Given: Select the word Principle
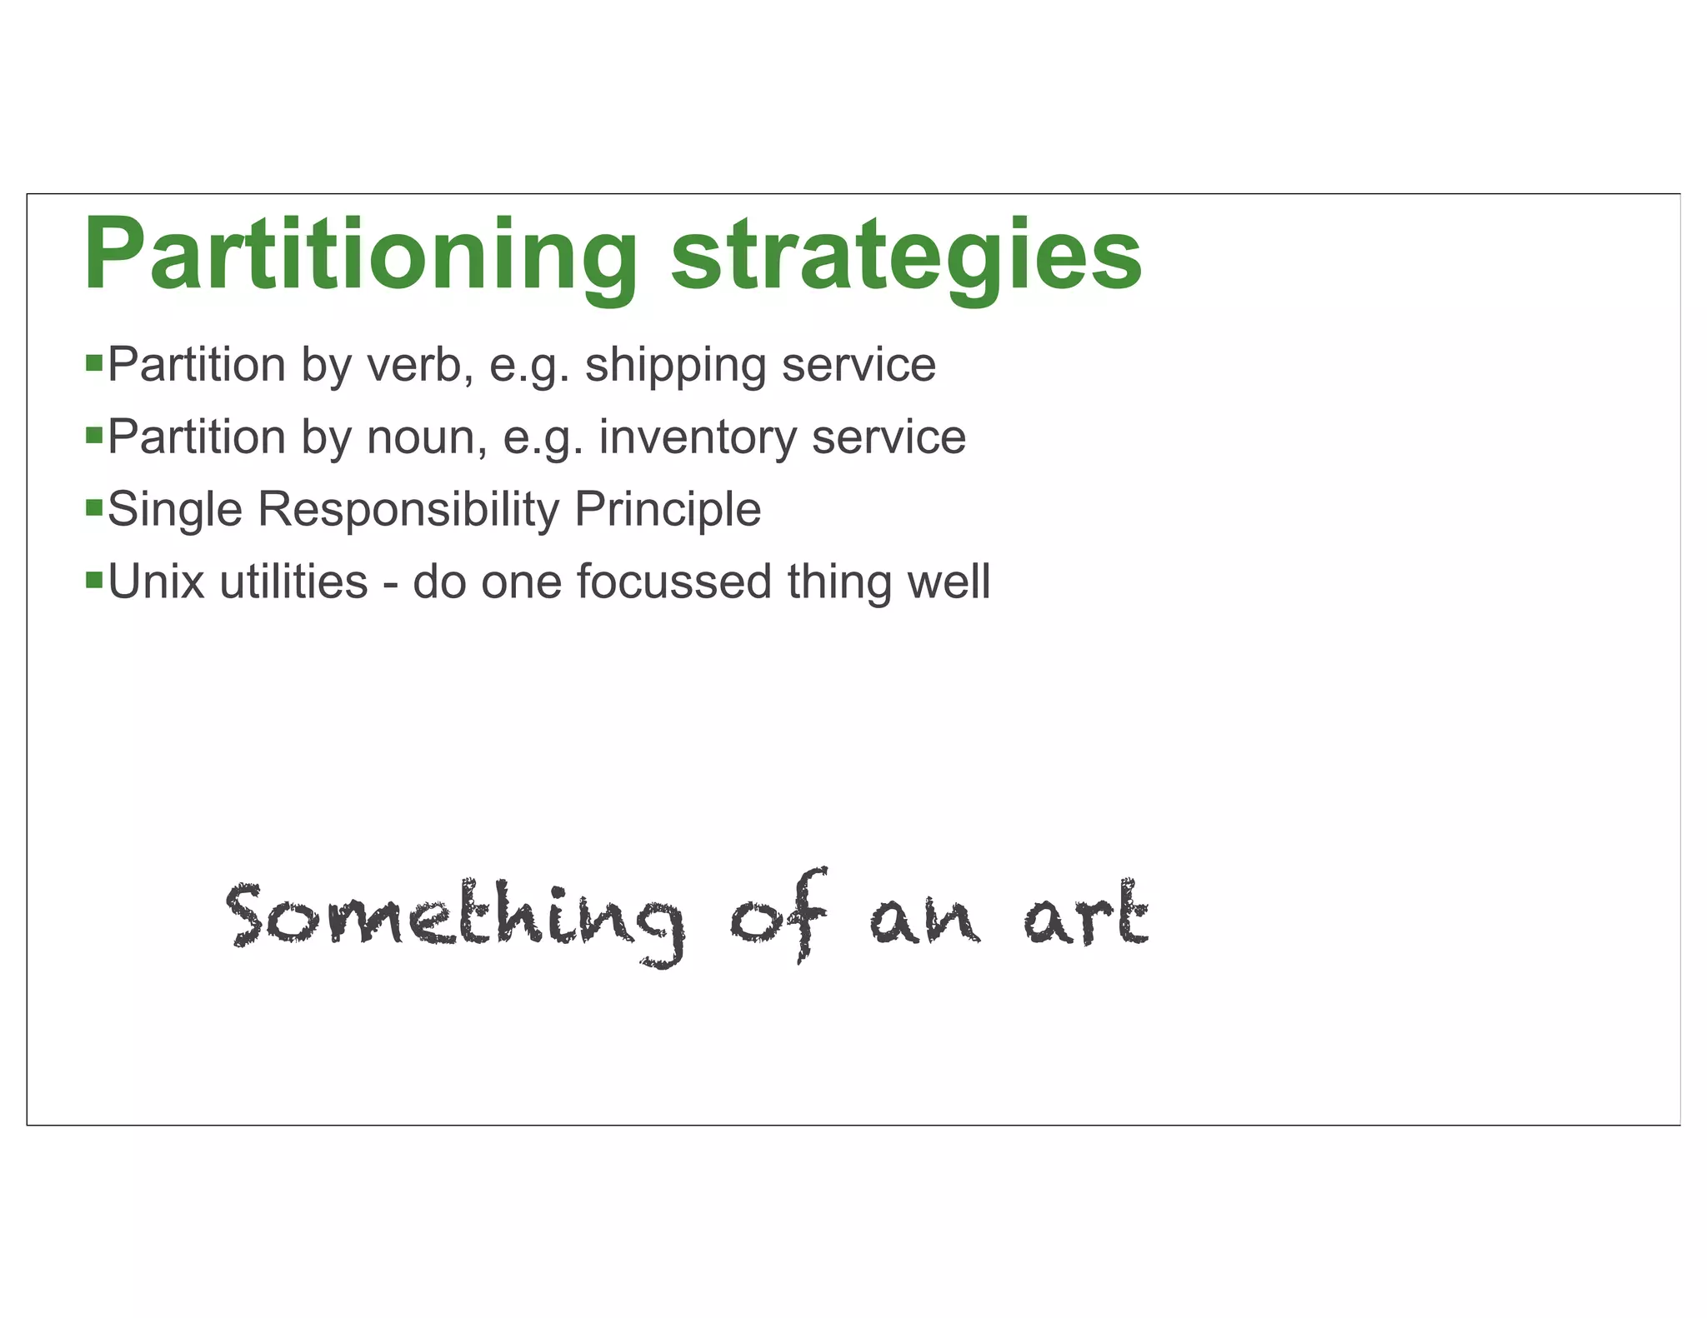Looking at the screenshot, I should point(668,510).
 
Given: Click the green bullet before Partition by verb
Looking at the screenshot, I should point(94,362).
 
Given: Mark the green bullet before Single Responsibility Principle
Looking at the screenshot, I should point(94,507).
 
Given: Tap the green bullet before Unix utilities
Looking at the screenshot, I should point(94,579).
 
